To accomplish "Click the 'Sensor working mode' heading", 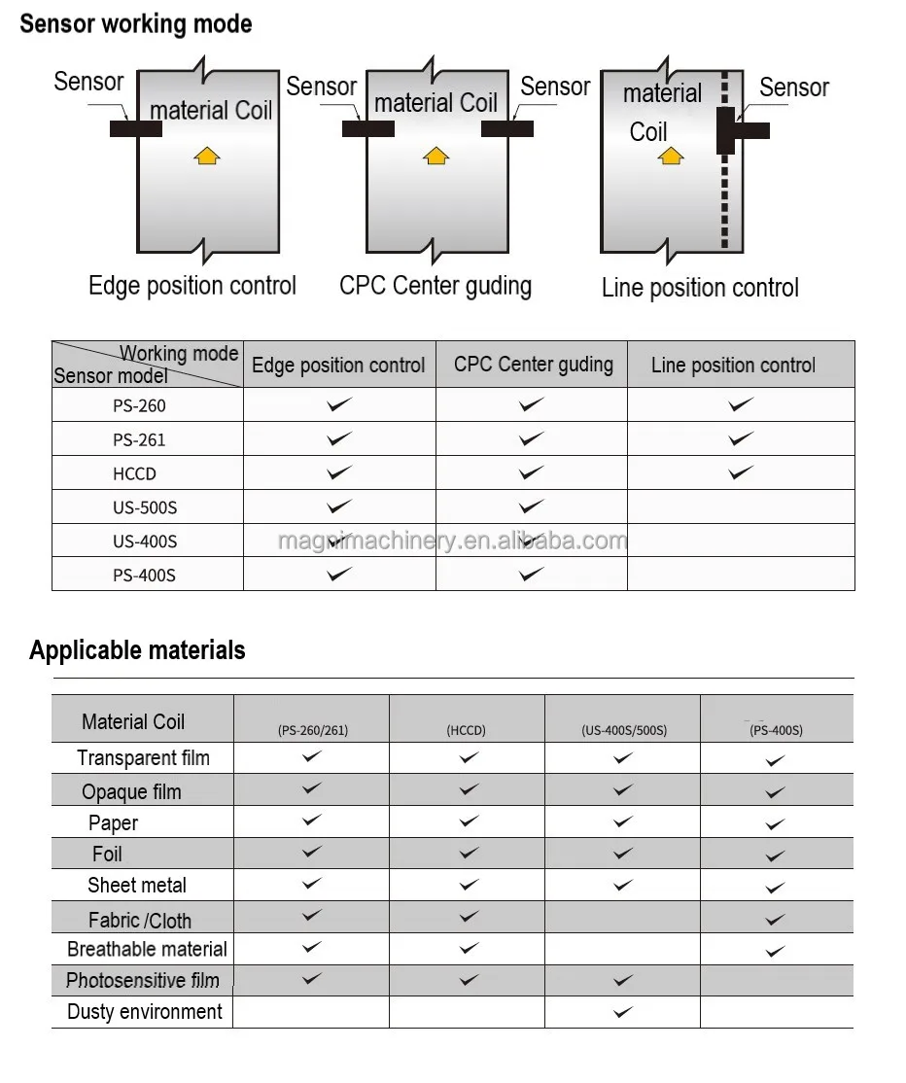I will pyautogui.click(x=136, y=24).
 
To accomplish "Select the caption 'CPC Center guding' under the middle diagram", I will pyautogui.click(x=436, y=286).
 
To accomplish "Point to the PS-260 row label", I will pyautogui.click(x=139, y=405).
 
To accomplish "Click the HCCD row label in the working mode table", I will pyautogui.click(x=134, y=473).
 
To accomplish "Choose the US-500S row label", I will pyautogui.click(x=145, y=507).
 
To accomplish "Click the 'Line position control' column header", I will pyautogui.click(x=733, y=366).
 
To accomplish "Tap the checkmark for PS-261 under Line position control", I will pyautogui.click(x=741, y=438).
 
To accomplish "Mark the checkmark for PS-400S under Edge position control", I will pyautogui.click(x=339, y=574).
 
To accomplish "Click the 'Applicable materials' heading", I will pyautogui.click(x=137, y=650).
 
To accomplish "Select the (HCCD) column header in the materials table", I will pyautogui.click(x=467, y=730).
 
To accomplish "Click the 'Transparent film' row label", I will pyautogui.click(x=143, y=758).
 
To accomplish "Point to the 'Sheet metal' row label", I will pyautogui.click(x=137, y=885).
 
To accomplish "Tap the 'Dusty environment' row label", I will pyautogui.click(x=145, y=1011).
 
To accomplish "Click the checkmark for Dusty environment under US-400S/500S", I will pyautogui.click(x=623, y=1012).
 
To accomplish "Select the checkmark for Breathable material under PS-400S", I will pyautogui.click(x=775, y=951).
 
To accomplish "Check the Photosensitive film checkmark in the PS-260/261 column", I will pyautogui.click(x=311, y=979).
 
